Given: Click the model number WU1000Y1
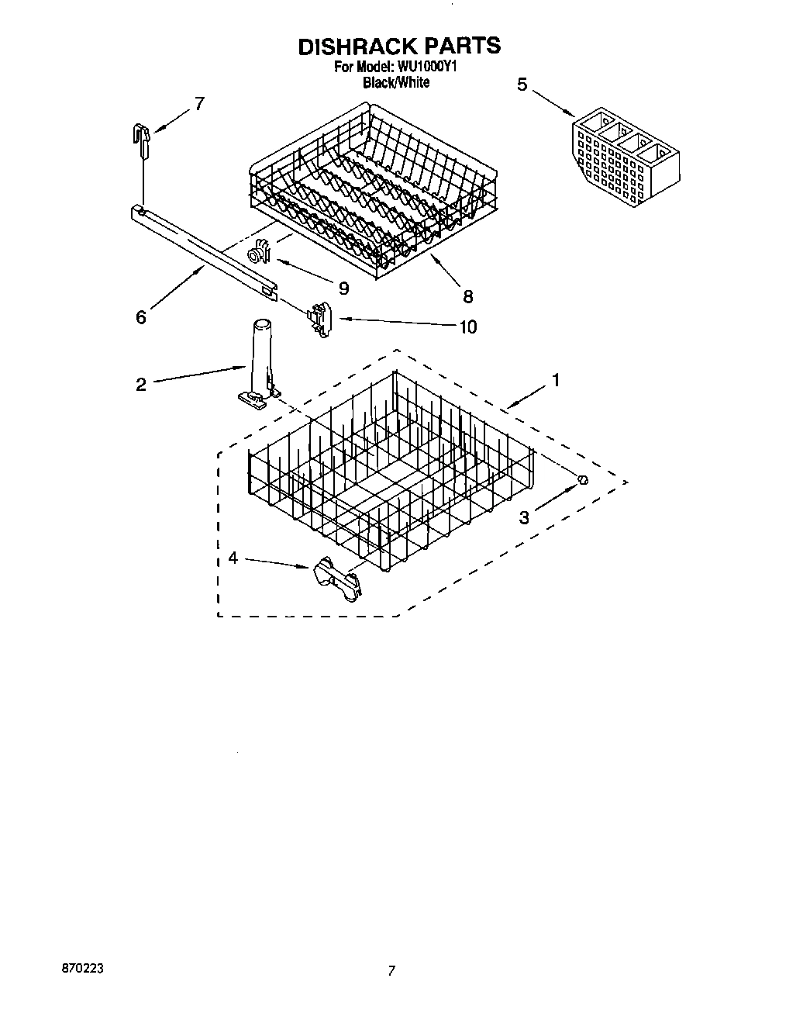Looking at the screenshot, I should (429, 67).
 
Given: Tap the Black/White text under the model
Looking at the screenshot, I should (396, 82).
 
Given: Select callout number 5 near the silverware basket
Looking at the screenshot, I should (522, 85).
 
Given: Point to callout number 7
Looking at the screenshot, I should (199, 103).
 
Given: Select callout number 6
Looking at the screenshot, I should (140, 317).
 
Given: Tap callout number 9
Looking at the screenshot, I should (343, 288).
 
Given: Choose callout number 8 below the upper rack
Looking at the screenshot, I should (467, 296).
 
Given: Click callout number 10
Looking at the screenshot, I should (467, 327).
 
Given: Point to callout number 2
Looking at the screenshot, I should (140, 384).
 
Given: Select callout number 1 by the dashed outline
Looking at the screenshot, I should (555, 380).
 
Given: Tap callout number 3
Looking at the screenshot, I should (524, 517).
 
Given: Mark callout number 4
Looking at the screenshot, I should (233, 558).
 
